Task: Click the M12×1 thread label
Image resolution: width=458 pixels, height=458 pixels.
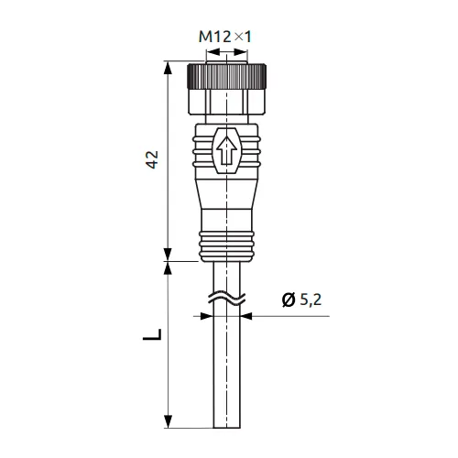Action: tap(224, 37)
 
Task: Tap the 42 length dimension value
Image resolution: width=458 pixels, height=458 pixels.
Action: tap(152, 159)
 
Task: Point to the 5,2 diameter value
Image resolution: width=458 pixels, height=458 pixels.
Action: tap(311, 300)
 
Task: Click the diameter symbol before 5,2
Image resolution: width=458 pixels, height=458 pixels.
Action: tap(289, 300)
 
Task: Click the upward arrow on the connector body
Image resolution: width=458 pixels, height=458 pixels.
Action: tap(226, 151)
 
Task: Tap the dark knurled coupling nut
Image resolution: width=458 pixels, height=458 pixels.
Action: tap(226, 76)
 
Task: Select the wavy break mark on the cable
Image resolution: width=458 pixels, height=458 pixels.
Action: tap(226, 299)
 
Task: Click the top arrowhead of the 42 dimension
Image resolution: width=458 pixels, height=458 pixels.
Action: tap(168, 68)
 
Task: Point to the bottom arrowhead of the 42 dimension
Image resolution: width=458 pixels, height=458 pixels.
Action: tap(168, 255)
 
